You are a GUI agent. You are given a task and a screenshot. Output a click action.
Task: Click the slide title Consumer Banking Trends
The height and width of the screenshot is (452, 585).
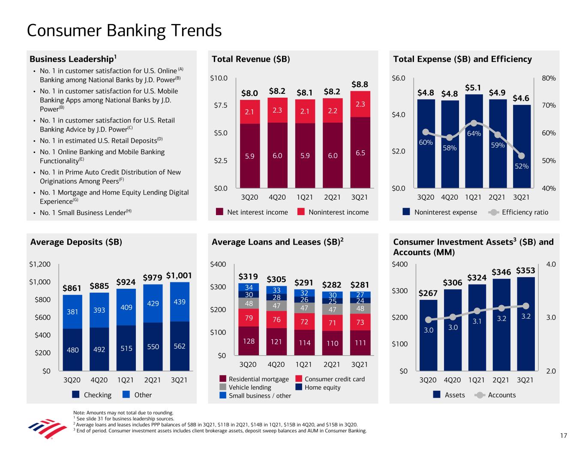click(x=124, y=31)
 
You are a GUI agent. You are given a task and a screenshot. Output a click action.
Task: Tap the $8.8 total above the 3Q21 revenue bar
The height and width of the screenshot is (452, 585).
click(x=360, y=84)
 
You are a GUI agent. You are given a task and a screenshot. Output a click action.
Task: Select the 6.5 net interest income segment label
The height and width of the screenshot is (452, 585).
click(x=360, y=153)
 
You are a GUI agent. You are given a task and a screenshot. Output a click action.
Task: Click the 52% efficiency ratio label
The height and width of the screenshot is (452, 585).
click(x=522, y=166)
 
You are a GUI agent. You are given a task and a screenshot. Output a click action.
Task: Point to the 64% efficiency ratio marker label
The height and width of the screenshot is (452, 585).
click(x=474, y=134)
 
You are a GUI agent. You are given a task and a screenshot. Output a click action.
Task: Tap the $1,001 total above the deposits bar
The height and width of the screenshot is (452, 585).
click(x=179, y=275)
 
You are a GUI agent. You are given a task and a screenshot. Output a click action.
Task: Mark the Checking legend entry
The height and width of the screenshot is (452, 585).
click(x=92, y=395)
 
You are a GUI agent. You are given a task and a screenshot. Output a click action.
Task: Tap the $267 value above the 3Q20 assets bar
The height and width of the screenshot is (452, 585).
click(x=428, y=293)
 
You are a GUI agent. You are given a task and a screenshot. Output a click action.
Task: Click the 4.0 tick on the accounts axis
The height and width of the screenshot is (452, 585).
click(x=551, y=264)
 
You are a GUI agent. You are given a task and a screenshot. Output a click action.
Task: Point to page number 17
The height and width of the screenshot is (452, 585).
click(x=564, y=436)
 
